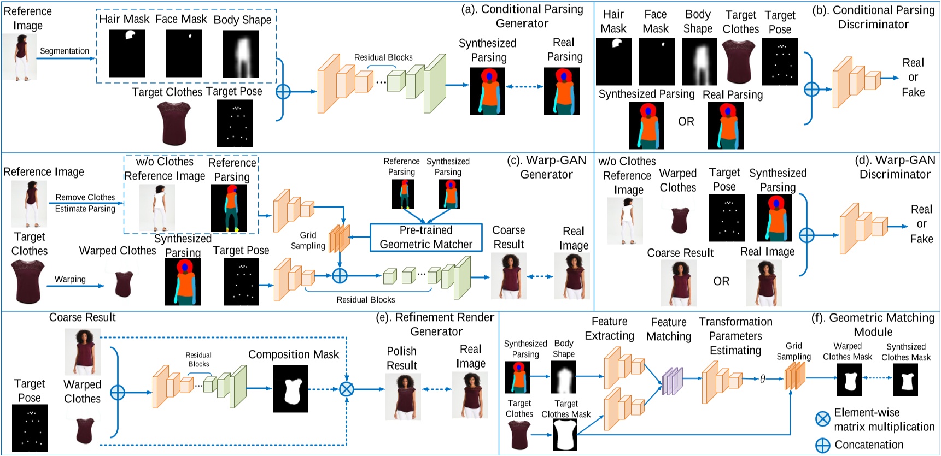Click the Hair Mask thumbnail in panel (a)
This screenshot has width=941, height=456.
point(127,53)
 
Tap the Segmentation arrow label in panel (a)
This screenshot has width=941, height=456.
point(65,51)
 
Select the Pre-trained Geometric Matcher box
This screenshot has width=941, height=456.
point(426,238)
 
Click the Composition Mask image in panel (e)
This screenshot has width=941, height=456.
point(290,389)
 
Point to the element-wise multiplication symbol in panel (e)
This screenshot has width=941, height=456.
point(347,389)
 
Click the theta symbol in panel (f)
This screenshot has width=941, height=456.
point(762,378)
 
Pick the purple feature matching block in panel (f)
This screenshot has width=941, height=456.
point(673,381)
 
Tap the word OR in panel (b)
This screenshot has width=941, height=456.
point(686,121)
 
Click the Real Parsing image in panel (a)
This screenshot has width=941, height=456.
point(562,91)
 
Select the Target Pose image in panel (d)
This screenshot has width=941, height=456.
point(727,218)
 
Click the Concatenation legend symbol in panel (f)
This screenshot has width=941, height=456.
point(822,445)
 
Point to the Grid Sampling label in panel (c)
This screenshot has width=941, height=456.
point(308,240)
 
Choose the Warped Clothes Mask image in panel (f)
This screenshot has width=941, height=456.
point(849,380)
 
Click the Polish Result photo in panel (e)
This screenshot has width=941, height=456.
point(403,396)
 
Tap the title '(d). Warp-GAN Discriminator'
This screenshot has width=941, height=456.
point(895,167)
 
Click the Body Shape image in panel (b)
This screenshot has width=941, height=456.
point(699,62)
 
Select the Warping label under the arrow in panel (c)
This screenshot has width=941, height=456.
point(70,279)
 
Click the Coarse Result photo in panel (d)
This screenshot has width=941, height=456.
point(679,283)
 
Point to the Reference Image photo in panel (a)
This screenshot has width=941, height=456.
point(19,57)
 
